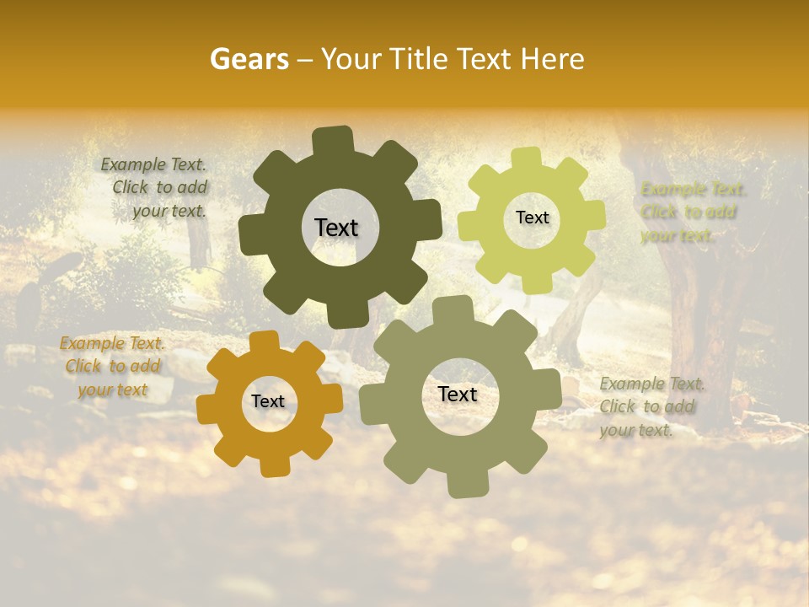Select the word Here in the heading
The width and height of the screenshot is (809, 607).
(554, 59)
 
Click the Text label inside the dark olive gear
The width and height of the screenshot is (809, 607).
(336, 228)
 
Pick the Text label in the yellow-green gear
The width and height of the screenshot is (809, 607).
(532, 218)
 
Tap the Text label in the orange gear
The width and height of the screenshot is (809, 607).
(268, 401)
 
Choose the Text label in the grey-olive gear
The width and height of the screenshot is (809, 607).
(458, 394)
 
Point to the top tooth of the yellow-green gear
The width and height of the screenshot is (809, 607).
(527, 158)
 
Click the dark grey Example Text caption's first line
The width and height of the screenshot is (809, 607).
(153, 164)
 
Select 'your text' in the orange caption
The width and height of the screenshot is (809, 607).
(113, 389)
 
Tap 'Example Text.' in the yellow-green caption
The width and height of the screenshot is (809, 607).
(694, 189)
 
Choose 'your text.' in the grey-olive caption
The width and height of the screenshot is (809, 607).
(636, 430)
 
